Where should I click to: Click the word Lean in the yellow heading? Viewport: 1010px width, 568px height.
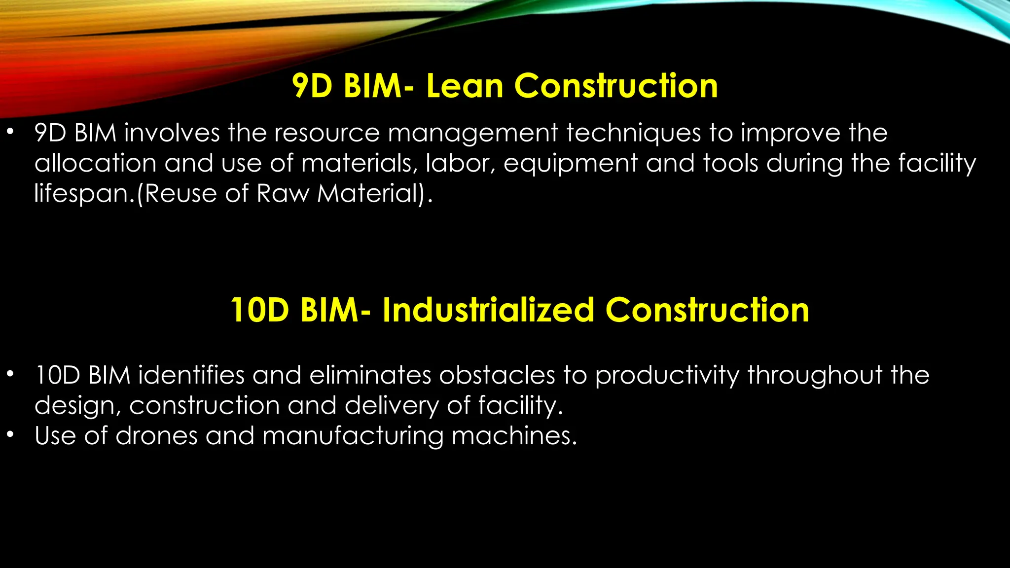coord(465,86)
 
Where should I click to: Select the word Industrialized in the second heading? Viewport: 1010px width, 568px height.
coord(488,310)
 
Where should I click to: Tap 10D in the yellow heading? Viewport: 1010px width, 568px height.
coord(260,310)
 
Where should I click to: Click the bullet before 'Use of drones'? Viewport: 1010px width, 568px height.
coord(10,435)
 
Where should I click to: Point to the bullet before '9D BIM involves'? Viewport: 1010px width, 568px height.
coord(10,132)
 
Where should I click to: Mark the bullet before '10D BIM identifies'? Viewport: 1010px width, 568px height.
coord(10,374)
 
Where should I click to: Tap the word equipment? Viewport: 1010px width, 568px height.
coord(571,164)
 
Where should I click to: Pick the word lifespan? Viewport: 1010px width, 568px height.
coord(81,193)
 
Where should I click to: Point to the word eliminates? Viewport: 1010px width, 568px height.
coord(370,375)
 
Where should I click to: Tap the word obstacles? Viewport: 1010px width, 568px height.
coord(497,375)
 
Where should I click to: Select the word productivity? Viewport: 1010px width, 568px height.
coord(667,376)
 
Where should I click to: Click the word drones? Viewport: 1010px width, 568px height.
coord(156,436)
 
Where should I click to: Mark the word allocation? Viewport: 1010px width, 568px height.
coord(95,164)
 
